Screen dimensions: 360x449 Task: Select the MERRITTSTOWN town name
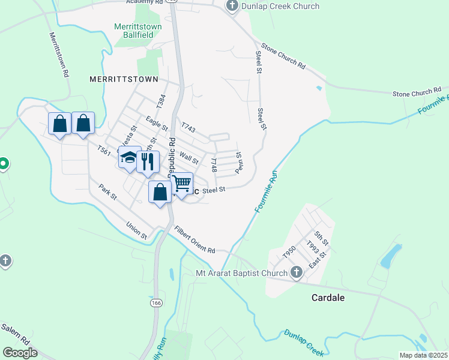pyautogui.click(x=124, y=79)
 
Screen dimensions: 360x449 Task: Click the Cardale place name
pyautogui.click(x=328, y=298)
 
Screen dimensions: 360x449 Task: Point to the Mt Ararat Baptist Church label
pyautogui.click(x=242, y=274)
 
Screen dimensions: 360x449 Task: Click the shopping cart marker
pyautogui.click(x=181, y=182)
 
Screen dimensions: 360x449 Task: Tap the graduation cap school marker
pyautogui.click(x=129, y=158)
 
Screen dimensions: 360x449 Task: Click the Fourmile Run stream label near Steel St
pyautogui.click(x=267, y=190)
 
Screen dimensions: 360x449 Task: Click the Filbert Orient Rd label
pyautogui.click(x=194, y=238)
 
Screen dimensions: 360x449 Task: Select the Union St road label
pyautogui.click(x=137, y=230)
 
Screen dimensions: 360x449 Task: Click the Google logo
pyautogui.click(x=20, y=352)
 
